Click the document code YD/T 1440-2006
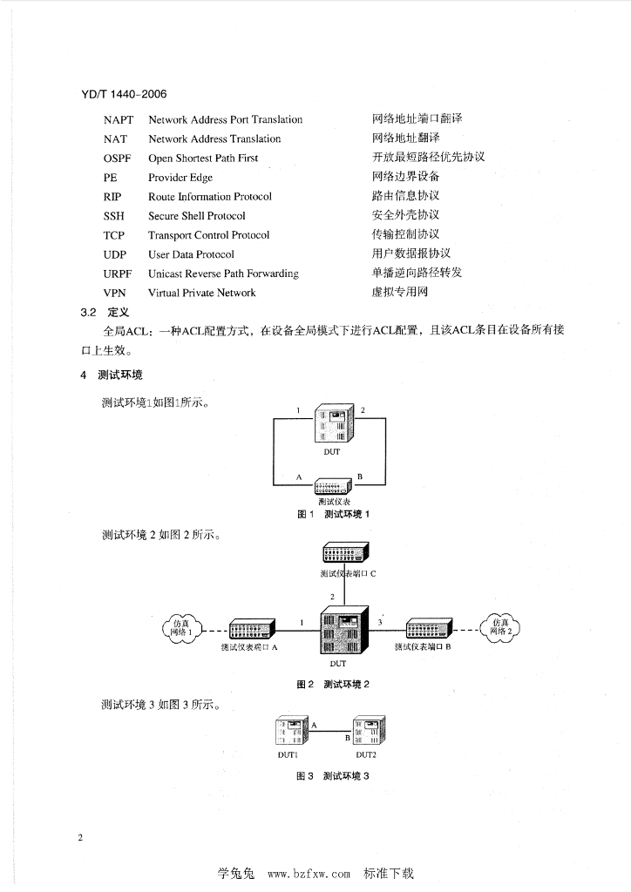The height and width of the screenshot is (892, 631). (x=124, y=93)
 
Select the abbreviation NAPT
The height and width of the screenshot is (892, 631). (x=119, y=120)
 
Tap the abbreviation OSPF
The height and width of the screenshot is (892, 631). (x=118, y=159)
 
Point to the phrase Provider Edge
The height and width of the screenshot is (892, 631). (x=180, y=178)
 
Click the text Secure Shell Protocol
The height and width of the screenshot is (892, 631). (x=197, y=216)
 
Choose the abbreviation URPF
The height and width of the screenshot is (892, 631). (x=118, y=274)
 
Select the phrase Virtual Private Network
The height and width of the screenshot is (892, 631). (x=201, y=293)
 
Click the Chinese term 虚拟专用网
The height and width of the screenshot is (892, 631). (x=400, y=292)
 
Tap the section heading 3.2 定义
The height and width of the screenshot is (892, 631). (x=105, y=311)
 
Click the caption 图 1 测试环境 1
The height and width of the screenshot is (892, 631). (x=334, y=515)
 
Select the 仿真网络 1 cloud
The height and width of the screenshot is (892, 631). (x=181, y=627)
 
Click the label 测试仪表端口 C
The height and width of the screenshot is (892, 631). (x=347, y=574)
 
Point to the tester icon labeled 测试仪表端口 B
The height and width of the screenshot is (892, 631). (x=428, y=628)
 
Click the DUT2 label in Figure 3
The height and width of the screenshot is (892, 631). (x=365, y=754)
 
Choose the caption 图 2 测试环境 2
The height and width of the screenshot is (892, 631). (x=334, y=684)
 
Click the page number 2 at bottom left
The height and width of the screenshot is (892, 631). (x=80, y=838)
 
